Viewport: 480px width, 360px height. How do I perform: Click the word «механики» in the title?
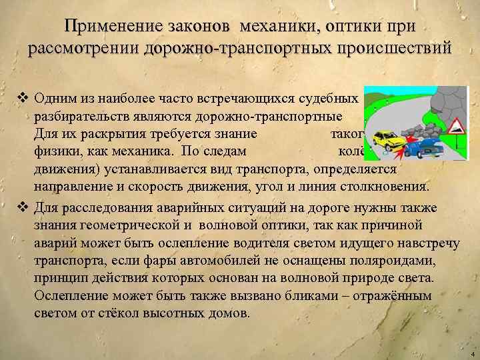[x=274, y=26]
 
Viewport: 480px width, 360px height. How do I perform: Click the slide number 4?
[x=471, y=353]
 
